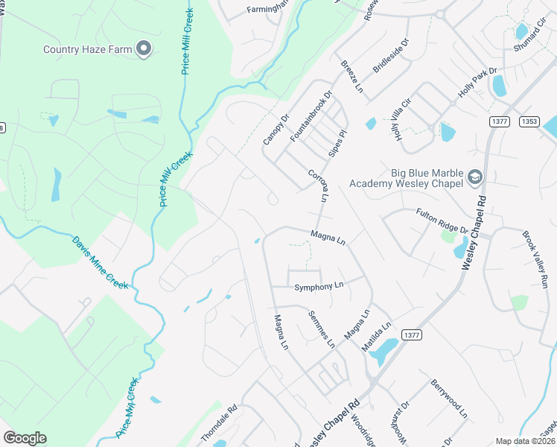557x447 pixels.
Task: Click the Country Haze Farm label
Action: point(87,50)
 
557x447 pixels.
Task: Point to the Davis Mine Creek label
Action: point(101,263)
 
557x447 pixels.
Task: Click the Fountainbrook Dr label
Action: point(310,118)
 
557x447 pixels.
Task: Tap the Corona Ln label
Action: point(318,186)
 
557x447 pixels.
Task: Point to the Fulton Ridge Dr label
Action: point(442,221)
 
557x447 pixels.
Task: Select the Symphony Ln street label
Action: point(319,286)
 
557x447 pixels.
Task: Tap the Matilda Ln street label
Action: point(376,337)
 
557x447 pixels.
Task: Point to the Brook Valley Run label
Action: point(535,259)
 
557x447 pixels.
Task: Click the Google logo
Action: point(25,438)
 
